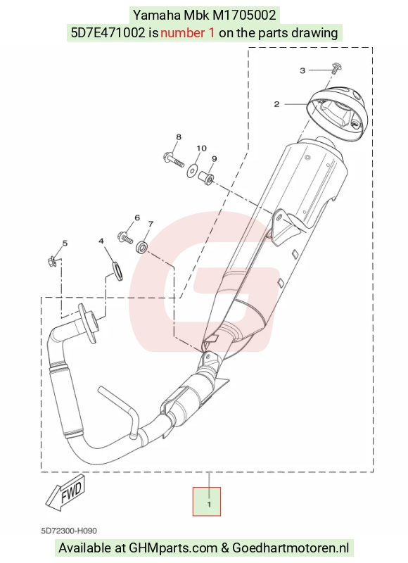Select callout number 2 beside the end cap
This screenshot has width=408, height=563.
pyautogui.click(x=276, y=104)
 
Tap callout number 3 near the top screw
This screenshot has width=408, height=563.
pyautogui.click(x=302, y=70)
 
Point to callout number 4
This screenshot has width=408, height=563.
pyautogui.click(x=101, y=241)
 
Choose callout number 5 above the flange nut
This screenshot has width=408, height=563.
pyautogui.click(x=65, y=243)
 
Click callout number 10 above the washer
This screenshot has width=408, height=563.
pyautogui.click(x=201, y=148)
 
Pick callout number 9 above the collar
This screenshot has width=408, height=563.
pyautogui.click(x=214, y=159)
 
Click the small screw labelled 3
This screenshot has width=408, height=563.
pyautogui.click(x=336, y=68)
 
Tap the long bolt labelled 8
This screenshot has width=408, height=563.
pyautogui.click(x=174, y=160)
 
